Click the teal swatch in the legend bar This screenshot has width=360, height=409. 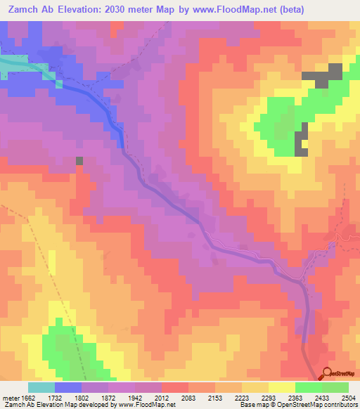point(41,387)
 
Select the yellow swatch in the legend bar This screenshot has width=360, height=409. point(281,387)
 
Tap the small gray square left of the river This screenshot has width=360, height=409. point(79,161)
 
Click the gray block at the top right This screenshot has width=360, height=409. point(323,76)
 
